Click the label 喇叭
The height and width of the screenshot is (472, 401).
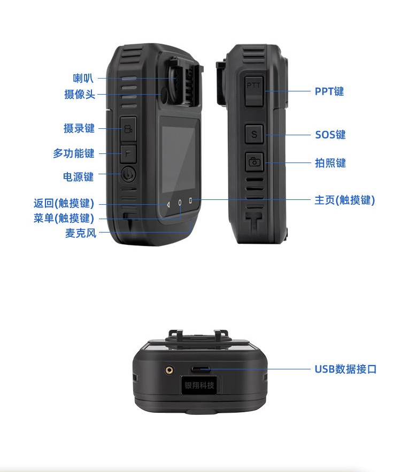[x=83, y=78]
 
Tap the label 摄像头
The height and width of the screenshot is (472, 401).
[x=80, y=94]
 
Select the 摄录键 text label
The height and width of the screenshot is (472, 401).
[x=79, y=128]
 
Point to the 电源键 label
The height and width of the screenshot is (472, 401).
[x=78, y=177]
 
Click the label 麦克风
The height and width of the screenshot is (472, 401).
[x=81, y=233]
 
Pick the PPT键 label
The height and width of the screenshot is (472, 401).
[x=329, y=91]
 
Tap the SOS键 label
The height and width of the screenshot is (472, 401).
[x=330, y=135]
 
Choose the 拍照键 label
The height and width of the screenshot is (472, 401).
[x=330, y=163]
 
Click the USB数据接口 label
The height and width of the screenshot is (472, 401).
[x=345, y=369]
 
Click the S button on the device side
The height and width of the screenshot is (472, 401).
[x=255, y=134]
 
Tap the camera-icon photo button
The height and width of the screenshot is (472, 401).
[x=255, y=162]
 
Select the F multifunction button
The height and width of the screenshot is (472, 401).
[x=128, y=154]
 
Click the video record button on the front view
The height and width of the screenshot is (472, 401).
[x=128, y=129]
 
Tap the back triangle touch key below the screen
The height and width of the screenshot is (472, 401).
[x=168, y=205]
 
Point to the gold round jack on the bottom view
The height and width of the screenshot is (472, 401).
[x=169, y=370]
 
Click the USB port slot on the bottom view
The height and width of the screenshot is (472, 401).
[x=200, y=369]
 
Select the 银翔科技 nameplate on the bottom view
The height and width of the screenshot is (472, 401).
[x=199, y=385]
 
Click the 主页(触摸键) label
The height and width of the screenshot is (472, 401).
[x=345, y=200]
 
